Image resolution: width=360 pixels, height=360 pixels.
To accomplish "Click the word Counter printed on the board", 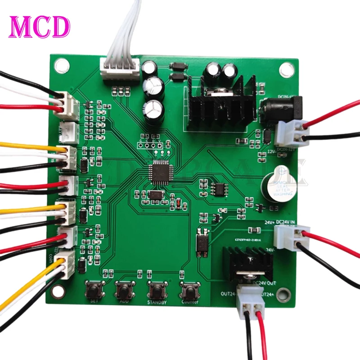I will [x=190, y=302].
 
